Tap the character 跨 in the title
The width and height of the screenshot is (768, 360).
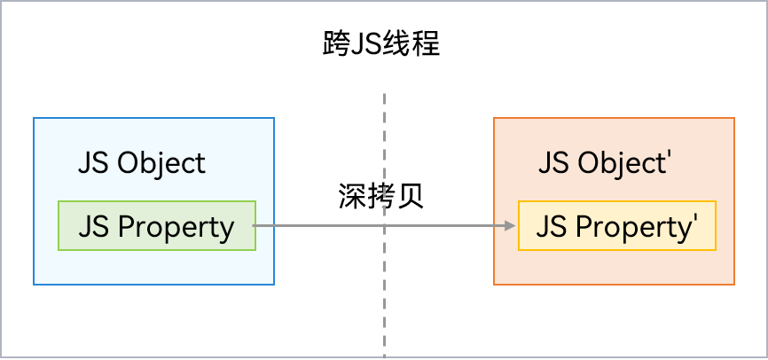coord(337,43)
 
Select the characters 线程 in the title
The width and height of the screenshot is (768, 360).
coord(411,43)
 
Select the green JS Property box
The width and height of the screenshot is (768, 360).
coord(157,226)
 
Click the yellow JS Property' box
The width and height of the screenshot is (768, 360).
coord(616,226)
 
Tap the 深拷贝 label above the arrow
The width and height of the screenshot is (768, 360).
coord(381,196)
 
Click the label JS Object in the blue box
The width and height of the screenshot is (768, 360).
coord(142,163)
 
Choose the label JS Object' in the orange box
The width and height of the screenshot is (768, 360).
coord(603,163)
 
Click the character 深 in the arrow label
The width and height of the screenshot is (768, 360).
coord(353,196)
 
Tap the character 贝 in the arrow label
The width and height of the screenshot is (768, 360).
coord(411,196)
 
